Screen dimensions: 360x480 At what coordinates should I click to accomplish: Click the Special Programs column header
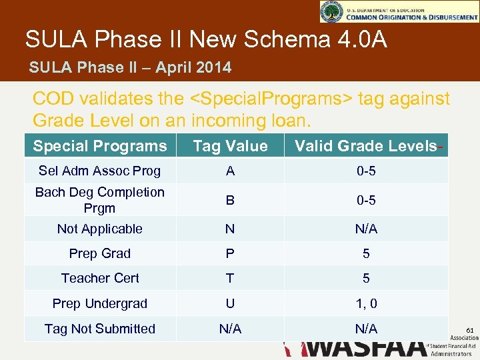(x=100, y=146)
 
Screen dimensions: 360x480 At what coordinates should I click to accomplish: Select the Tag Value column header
(x=230, y=146)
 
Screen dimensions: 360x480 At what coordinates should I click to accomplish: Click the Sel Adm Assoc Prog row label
(x=100, y=171)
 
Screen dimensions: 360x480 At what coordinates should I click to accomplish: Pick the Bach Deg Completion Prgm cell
(x=100, y=200)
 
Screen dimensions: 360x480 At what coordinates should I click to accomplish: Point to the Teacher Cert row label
(x=100, y=278)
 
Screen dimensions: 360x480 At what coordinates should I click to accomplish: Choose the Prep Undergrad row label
(x=100, y=303)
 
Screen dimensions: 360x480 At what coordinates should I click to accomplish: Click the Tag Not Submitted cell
(x=100, y=329)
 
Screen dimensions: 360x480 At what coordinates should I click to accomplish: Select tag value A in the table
(x=230, y=171)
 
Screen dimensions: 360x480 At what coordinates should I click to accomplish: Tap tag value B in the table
(x=230, y=200)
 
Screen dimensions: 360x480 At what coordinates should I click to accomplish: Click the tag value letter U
(x=230, y=303)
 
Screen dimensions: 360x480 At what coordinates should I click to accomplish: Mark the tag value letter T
(x=230, y=278)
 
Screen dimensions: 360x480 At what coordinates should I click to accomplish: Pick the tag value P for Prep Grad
(x=230, y=253)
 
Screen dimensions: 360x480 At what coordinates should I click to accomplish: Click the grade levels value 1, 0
(x=366, y=303)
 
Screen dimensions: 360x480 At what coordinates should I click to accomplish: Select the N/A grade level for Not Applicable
(x=366, y=229)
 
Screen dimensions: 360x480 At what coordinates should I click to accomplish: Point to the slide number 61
(x=469, y=331)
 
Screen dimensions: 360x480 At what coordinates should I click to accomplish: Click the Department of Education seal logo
(x=331, y=11)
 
